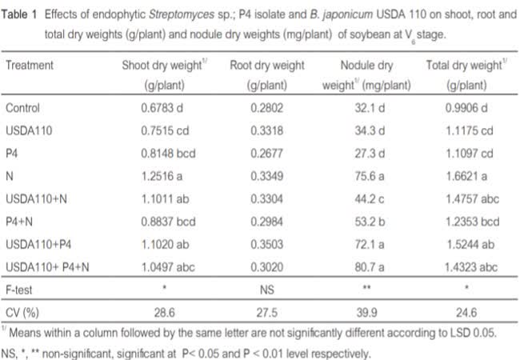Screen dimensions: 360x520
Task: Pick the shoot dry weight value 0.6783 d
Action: click(x=154, y=108)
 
